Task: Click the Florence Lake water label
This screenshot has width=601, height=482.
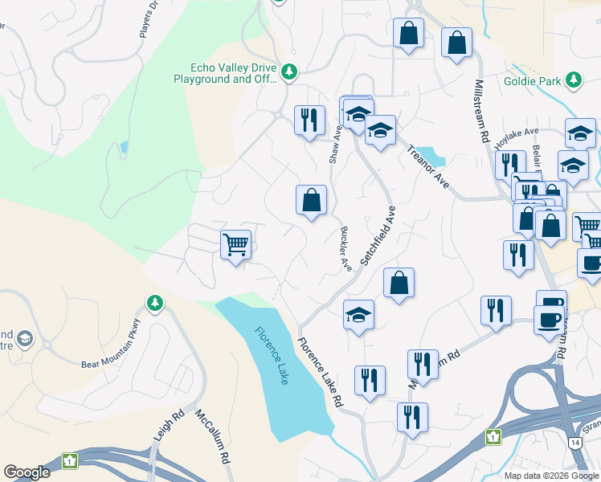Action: [272, 355]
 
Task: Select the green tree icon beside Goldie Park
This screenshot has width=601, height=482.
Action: [573, 80]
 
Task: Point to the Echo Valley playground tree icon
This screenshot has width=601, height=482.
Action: [289, 73]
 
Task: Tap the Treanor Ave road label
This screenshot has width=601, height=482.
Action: [427, 167]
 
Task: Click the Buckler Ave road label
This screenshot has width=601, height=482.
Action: [345, 247]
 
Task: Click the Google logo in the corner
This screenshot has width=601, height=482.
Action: [27, 472]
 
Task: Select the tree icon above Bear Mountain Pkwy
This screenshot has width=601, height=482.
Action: [154, 303]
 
